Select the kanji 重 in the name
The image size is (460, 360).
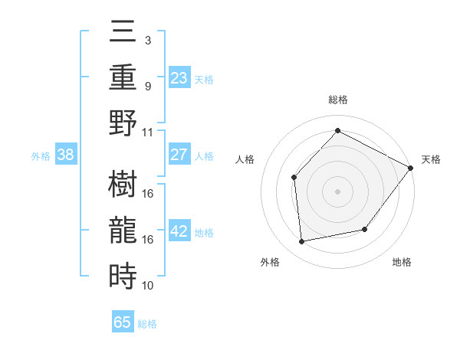click(x=123, y=78)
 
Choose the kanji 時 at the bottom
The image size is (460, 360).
click(x=123, y=274)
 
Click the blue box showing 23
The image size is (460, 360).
click(x=179, y=77)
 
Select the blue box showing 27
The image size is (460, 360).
click(x=179, y=155)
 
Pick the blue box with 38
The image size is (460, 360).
click(x=66, y=155)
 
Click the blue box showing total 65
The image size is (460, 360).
click(x=123, y=322)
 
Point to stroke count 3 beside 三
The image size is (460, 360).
click(x=147, y=39)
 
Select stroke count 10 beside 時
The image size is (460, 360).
click(x=148, y=286)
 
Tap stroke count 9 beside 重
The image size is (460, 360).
click(x=147, y=86)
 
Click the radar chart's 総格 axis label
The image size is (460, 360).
click(x=337, y=100)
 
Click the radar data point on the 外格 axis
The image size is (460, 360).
click(x=302, y=242)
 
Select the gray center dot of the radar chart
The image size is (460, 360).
click(x=337, y=191)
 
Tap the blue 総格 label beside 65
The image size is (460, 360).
click(x=147, y=323)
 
